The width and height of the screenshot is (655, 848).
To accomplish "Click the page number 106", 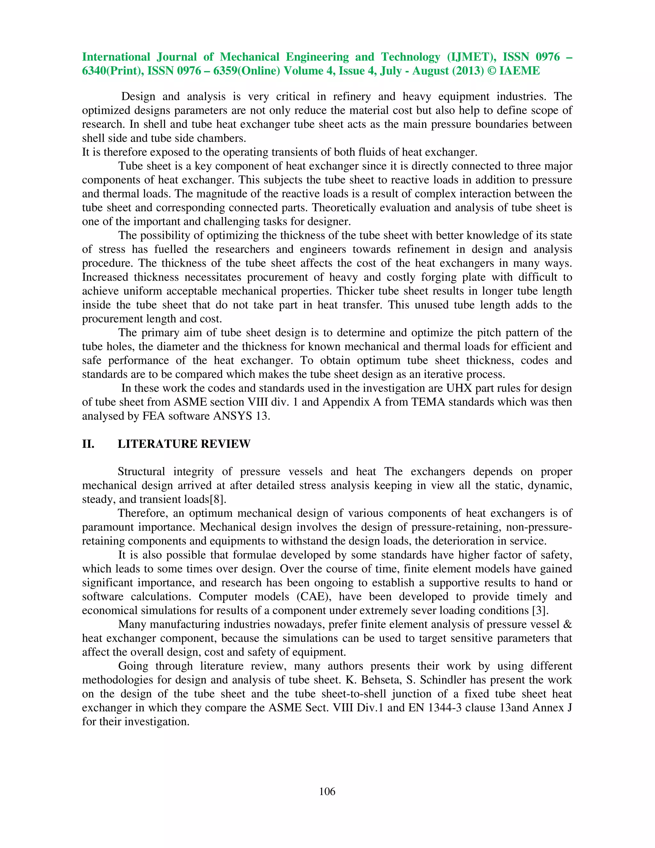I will (327, 791).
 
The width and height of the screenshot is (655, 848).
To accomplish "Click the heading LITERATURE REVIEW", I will (184, 444).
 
